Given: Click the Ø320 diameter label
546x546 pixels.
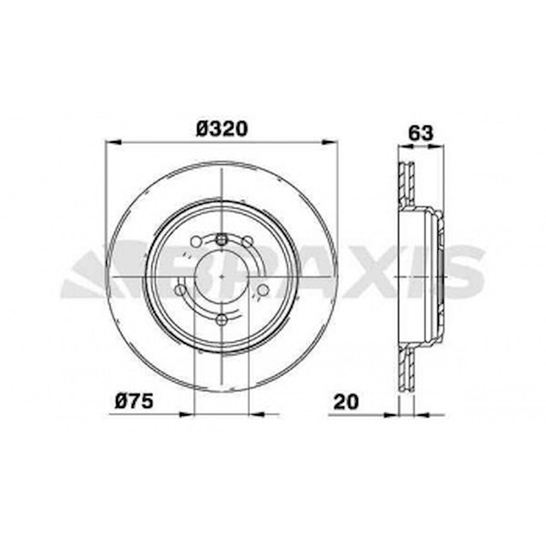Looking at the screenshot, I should (222, 128).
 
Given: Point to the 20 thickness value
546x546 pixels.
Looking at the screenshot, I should (346, 402).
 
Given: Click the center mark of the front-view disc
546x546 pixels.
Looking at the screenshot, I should (222, 277).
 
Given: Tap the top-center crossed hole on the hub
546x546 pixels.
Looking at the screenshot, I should (222, 239).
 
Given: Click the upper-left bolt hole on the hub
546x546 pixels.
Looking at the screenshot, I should (196, 242).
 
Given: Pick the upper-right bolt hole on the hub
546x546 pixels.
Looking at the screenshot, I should (248, 242).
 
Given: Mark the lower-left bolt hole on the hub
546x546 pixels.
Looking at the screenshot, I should (180, 290).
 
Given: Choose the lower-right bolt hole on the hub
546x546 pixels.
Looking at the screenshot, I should (263, 290).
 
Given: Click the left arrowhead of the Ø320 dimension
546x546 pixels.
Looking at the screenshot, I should (113, 142).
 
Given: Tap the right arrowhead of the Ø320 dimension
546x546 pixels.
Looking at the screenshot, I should (330, 142).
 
